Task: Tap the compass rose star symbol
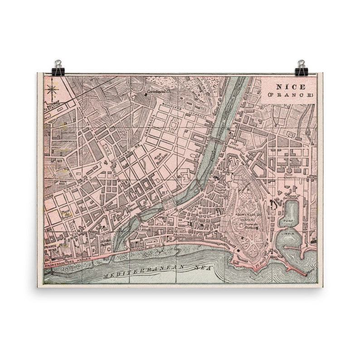52,88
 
